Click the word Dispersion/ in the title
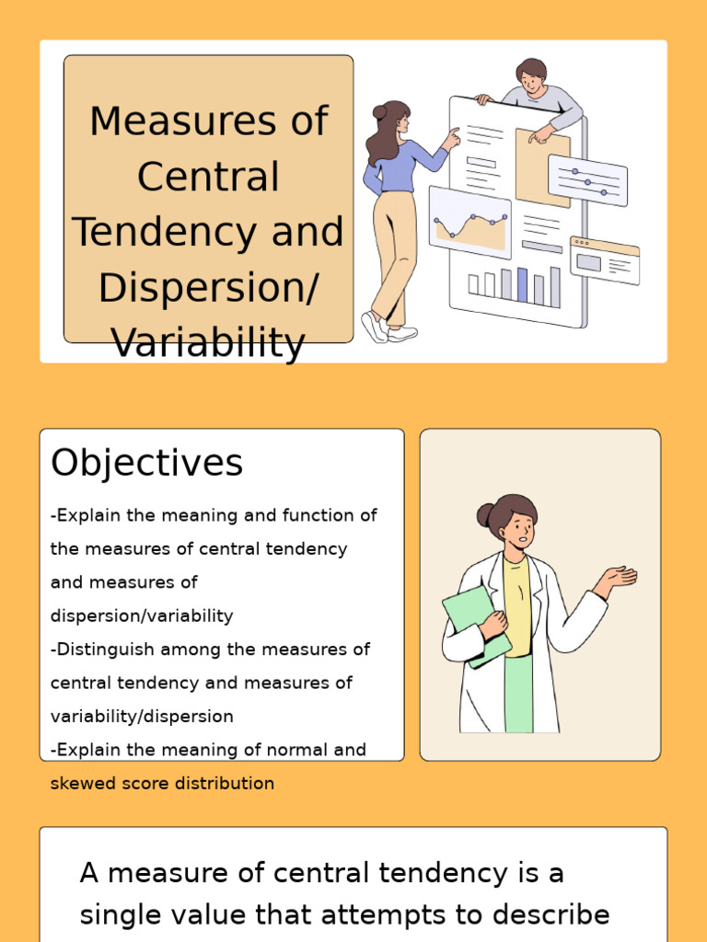[208, 288]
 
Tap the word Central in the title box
[208, 177]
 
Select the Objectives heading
[146, 463]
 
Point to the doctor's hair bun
[485, 514]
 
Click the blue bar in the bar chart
[523, 285]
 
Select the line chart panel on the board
[470, 224]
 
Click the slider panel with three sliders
[587, 180]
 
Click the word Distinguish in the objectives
[105, 649]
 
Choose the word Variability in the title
[208, 343]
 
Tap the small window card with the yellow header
[605, 260]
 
